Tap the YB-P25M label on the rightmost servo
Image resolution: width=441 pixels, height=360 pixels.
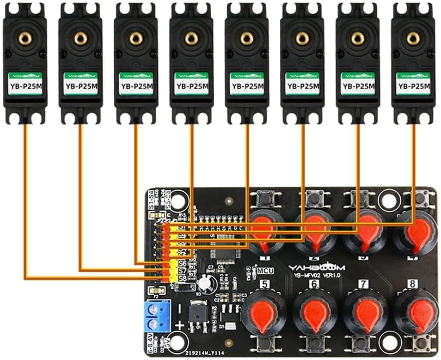413,86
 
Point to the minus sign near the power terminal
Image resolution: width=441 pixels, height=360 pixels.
178,307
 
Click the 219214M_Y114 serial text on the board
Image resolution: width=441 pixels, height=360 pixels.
206,352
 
